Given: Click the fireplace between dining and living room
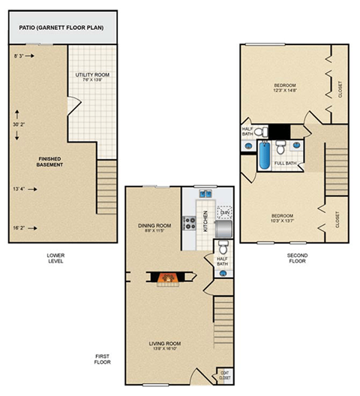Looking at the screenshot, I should (x=167, y=279).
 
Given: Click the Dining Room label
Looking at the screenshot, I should (x=156, y=226).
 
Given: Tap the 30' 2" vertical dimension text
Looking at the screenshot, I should (x=20, y=124).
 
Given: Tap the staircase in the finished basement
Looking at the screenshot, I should (x=107, y=187).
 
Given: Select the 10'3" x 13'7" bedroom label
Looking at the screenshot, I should (x=284, y=217).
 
